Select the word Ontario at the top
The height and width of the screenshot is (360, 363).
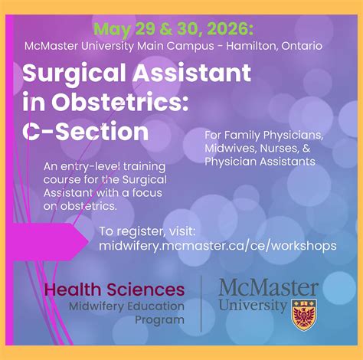(x=300, y=46)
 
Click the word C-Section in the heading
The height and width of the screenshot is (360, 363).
(x=85, y=132)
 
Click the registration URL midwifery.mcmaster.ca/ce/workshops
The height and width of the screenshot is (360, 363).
(x=217, y=246)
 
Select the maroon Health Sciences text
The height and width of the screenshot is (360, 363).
(x=114, y=290)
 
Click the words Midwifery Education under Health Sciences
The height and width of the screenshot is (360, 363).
(x=126, y=307)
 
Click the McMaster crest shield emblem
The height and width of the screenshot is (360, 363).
(x=305, y=313)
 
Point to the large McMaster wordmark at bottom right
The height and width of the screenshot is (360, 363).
(x=268, y=288)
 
